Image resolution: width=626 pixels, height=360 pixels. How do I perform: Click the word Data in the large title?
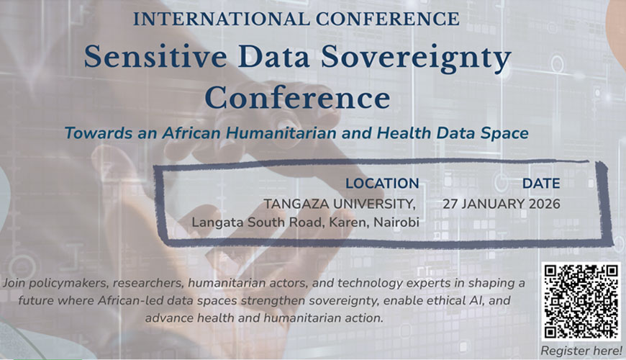click(x=274, y=57)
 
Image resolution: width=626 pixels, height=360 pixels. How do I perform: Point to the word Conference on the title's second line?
click(x=297, y=98)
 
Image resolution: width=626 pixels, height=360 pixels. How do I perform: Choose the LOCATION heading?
click(x=382, y=184)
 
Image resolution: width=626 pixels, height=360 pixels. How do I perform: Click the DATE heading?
click(x=541, y=184)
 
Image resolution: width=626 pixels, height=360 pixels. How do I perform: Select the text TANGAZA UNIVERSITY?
click(x=340, y=204)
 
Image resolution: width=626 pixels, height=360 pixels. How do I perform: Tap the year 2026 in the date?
click(x=545, y=204)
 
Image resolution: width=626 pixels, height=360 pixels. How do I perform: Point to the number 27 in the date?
click(x=450, y=204)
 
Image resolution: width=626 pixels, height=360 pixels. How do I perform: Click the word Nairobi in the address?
click(x=396, y=222)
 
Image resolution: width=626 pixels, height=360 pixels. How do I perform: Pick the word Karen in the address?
click(x=348, y=222)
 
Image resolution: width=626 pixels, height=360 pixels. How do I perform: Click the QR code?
click(x=581, y=301)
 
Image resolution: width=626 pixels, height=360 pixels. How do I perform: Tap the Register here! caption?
click(x=581, y=351)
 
